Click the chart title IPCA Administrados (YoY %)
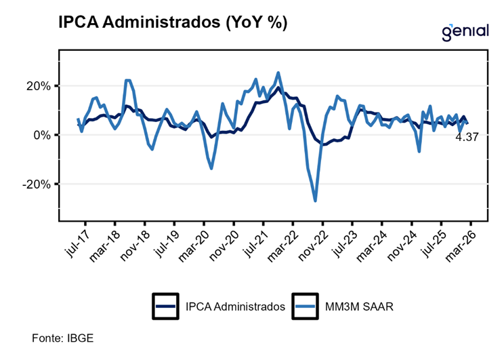(173, 22)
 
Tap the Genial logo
(465, 31)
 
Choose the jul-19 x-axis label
(165, 241)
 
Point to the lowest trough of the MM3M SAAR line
(315, 201)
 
